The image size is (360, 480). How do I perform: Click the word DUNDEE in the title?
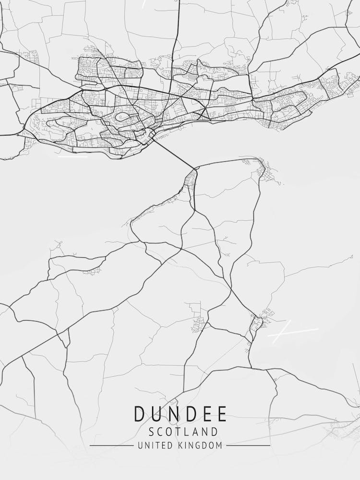(x=180, y=414)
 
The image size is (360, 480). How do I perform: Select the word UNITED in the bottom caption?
(x=154, y=445)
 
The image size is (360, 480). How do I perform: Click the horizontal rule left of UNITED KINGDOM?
(x=111, y=445)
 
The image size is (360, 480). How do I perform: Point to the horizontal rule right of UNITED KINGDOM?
(x=248, y=445)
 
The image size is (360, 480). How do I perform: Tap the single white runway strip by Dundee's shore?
(x=73, y=156)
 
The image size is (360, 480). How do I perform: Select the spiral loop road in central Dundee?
(x=122, y=117)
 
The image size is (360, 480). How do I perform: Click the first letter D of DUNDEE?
(x=139, y=414)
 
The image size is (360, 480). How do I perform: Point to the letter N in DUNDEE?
(x=171, y=414)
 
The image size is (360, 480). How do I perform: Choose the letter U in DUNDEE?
(x=155, y=414)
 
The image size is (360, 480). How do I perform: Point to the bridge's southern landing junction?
(x=196, y=168)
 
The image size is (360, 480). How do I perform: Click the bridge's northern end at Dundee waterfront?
(x=153, y=138)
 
